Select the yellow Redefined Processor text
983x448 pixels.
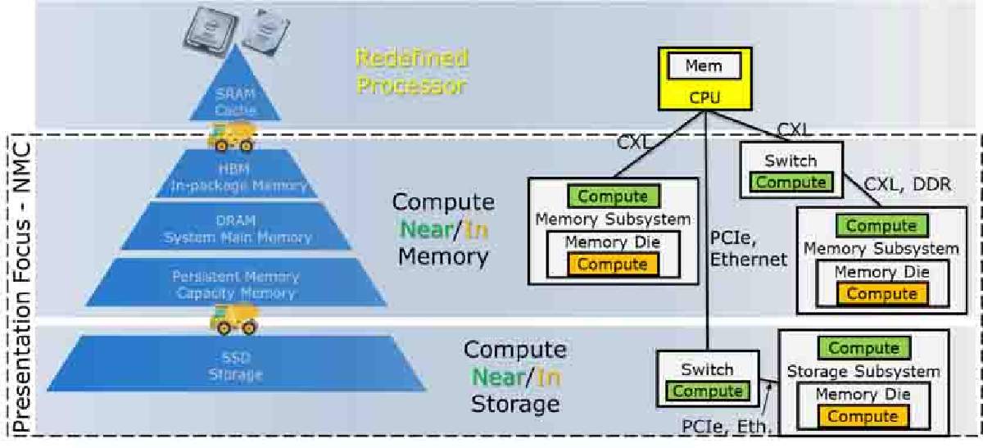[x=410, y=71]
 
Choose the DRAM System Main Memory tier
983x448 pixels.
[x=238, y=229]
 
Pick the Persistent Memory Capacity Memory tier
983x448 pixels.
[x=236, y=285]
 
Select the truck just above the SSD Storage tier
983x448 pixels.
[x=233, y=316]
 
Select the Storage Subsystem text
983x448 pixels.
[x=863, y=372]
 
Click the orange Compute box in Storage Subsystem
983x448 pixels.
[x=863, y=417]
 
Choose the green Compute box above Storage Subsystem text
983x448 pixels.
[x=863, y=349]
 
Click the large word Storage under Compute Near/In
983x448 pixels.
[x=514, y=404]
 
